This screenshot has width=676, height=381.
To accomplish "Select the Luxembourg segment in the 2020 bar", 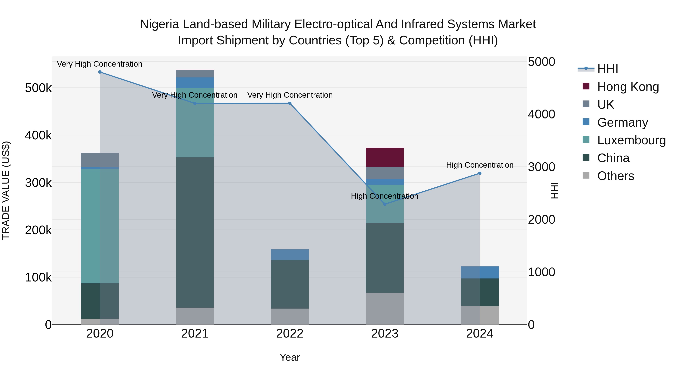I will pyautogui.click(x=100, y=226).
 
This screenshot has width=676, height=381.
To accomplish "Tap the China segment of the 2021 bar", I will pyautogui.click(x=195, y=232).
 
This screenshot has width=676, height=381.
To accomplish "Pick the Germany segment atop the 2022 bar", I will pyautogui.click(x=290, y=255).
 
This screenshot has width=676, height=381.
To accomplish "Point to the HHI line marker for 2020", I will pyautogui.click(x=100, y=72).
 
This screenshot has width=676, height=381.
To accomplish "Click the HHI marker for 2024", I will pyautogui.click(x=480, y=173).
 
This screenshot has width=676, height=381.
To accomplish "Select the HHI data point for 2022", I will pyautogui.click(x=290, y=103).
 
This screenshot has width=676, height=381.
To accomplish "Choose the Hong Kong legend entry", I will pyautogui.click(x=628, y=87).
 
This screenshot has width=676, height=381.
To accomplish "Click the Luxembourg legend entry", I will pyautogui.click(x=631, y=140).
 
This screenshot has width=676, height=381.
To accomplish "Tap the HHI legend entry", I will pyautogui.click(x=607, y=69).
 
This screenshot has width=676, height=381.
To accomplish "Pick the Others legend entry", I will pyautogui.click(x=615, y=176).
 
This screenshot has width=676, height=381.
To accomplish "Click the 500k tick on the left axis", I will pyautogui.click(x=38, y=88).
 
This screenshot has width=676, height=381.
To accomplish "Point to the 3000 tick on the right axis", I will pyautogui.click(x=541, y=167).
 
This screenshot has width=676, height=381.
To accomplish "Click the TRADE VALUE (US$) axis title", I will pyautogui.click(x=6, y=190).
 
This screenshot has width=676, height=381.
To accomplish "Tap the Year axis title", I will pyautogui.click(x=290, y=357).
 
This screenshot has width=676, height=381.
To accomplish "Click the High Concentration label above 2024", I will pyautogui.click(x=480, y=165).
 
